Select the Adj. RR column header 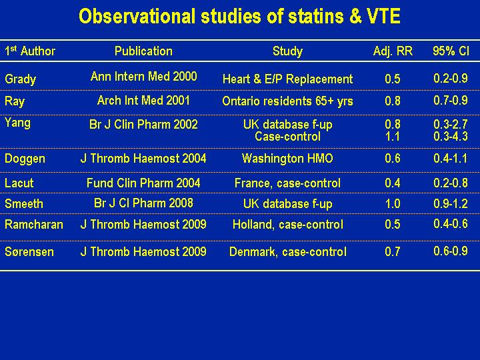[393, 51]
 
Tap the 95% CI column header [451, 51]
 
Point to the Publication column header [143, 51]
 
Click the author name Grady [21, 79]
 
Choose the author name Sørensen [29, 252]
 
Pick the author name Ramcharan [34, 225]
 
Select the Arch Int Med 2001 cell [143, 101]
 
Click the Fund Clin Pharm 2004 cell [143, 183]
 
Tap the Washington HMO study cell [287, 158]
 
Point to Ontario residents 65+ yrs [287, 101]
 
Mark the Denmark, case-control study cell [288, 252]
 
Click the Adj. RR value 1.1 [393, 136]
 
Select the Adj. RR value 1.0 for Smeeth [393, 203]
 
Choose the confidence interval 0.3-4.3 [451, 136]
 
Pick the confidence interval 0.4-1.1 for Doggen [451, 158]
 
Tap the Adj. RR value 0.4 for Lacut [393, 183]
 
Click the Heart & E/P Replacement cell [287, 79]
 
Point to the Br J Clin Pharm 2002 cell [143, 124]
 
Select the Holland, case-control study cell [288, 225]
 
